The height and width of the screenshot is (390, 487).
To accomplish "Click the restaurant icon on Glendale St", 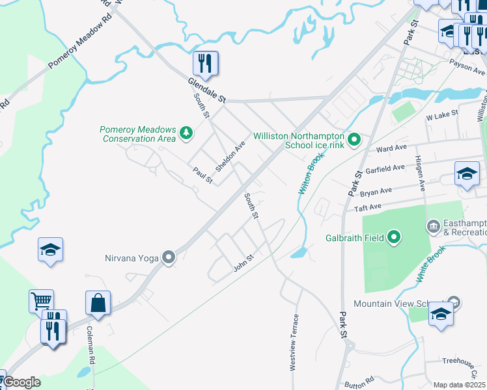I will point(205,64).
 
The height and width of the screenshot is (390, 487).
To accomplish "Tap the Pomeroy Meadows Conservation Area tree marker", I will point(187,133).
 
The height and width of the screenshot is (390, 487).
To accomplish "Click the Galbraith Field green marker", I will point(393,237).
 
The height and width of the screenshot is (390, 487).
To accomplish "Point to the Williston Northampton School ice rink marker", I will point(354,140).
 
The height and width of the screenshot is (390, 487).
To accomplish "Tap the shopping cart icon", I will point(41,301).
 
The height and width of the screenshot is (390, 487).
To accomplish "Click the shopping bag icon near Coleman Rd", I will point(98,302).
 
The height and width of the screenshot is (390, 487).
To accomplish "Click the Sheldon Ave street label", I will point(230,157).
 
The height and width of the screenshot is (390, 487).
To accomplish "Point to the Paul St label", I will point(202,175).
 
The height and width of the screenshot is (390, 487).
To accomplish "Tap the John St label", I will point(243,264).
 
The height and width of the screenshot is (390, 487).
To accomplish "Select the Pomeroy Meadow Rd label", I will point(80,49).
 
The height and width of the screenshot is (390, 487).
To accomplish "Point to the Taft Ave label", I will point(367,207).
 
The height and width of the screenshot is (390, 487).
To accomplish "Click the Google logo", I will point(21,382).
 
